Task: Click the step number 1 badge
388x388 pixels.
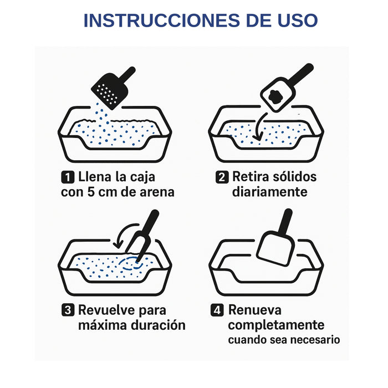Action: point(67,177)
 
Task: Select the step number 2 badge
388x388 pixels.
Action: point(221,177)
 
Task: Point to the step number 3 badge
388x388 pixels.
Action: point(67,310)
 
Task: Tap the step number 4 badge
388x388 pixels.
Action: point(217,310)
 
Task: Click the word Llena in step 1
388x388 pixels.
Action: point(94,177)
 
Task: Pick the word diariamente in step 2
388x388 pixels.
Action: point(269,192)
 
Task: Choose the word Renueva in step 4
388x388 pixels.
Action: point(255,310)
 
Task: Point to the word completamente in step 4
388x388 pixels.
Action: point(276,325)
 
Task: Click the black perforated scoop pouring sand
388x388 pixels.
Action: point(109,90)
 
